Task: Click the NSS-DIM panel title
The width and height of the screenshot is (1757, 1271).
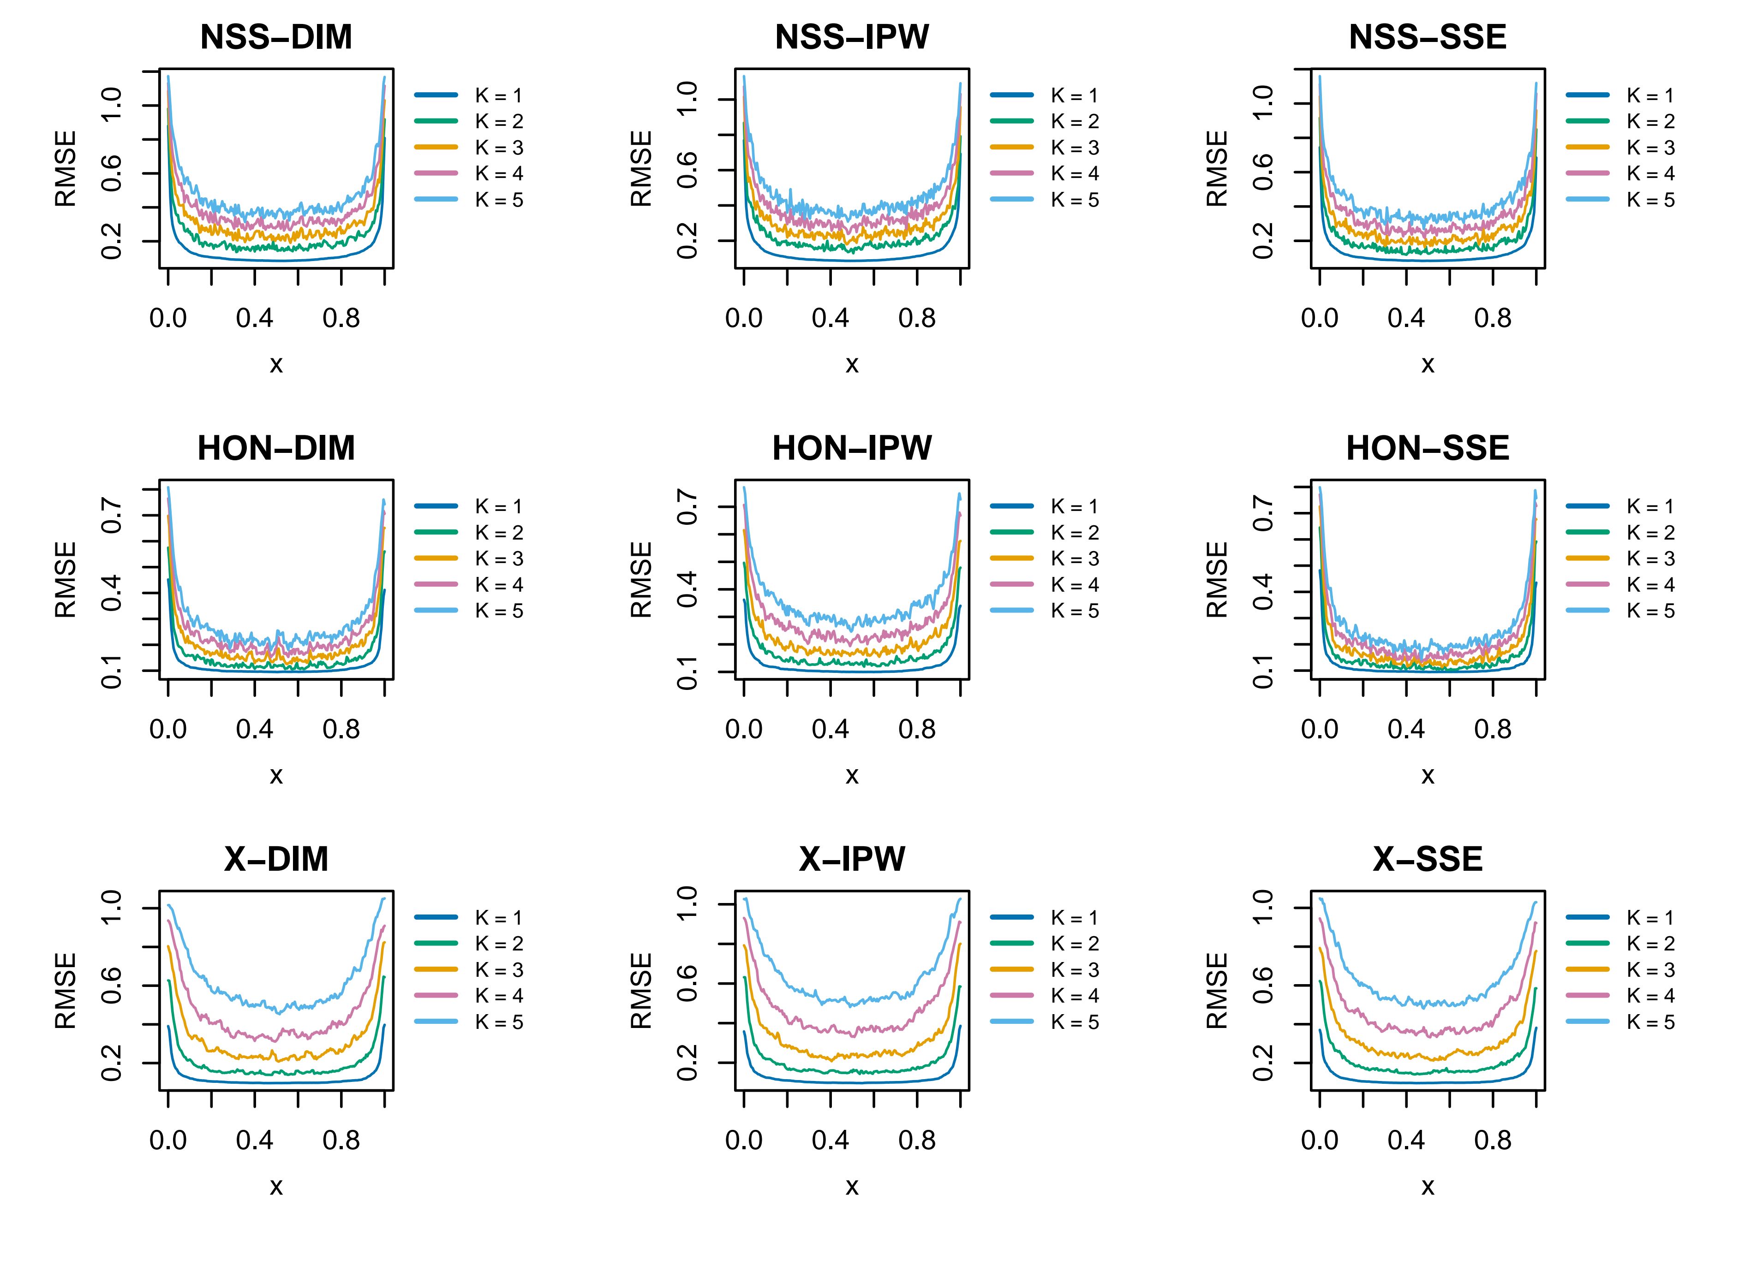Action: pyautogui.click(x=276, y=38)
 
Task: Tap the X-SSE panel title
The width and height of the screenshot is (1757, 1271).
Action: pyautogui.click(x=1427, y=860)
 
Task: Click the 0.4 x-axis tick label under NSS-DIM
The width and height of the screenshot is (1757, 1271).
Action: pyautogui.click(x=255, y=318)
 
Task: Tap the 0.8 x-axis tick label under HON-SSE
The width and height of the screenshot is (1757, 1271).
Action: pyautogui.click(x=1493, y=730)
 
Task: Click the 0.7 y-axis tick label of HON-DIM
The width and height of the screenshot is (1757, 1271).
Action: pyautogui.click(x=112, y=515)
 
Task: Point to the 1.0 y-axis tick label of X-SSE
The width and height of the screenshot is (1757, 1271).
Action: pyautogui.click(x=1263, y=906)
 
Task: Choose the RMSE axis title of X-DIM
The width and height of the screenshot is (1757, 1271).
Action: pyautogui.click(x=66, y=991)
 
